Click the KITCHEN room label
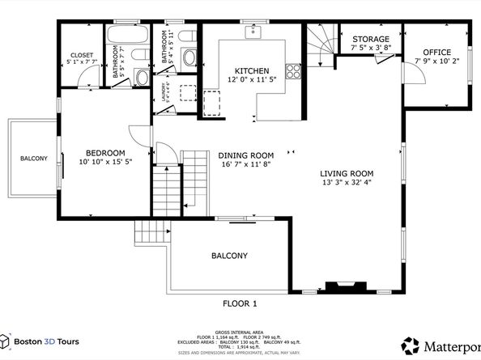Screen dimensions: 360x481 [245, 70]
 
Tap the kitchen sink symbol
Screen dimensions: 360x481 [254, 32]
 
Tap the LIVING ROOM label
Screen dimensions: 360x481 [346, 172]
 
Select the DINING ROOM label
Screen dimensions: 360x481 [245, 155]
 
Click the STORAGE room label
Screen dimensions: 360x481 [370, 39]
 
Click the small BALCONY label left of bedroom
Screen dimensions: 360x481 [34, 158]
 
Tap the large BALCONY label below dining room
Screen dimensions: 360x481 [229, 256]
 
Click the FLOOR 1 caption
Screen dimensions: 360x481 [240, 303]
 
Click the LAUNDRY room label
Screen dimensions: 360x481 [165, 90]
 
